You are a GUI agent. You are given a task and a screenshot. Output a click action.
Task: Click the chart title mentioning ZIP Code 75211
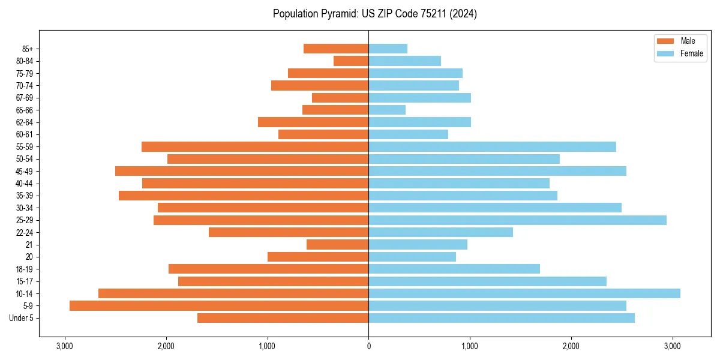click(374, 14)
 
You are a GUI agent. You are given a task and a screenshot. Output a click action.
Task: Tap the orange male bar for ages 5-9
click(219, 306)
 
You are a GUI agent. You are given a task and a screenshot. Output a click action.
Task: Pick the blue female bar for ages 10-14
click(524, 293)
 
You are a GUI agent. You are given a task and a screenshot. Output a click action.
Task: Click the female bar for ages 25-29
click(517, 220)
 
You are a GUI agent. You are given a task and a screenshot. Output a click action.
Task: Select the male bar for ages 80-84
click(351, 61)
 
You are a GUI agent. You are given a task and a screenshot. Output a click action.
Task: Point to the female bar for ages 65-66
click(387, 110)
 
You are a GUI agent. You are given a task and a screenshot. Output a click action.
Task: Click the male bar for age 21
click(337, 245)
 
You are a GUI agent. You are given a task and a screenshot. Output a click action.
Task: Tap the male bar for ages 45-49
click(242, 171)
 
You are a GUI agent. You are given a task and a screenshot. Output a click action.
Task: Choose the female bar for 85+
click(388, 49)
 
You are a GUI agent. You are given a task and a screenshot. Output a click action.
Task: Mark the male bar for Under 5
click(283, 318)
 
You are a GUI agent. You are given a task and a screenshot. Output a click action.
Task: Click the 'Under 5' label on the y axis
click(21, 318)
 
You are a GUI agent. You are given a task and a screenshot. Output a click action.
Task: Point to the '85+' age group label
click(28, 49)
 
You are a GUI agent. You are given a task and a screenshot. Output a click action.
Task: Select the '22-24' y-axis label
click(25, 232)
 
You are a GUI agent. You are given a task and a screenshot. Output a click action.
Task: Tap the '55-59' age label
click(25, 146)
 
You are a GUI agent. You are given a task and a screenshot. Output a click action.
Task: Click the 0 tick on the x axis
click(368, 346)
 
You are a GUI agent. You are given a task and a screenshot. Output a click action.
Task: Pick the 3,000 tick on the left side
click(64, 346)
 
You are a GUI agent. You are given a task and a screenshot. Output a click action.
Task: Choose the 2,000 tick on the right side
click(571, 346)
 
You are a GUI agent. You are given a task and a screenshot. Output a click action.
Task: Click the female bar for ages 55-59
click(492, 146)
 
